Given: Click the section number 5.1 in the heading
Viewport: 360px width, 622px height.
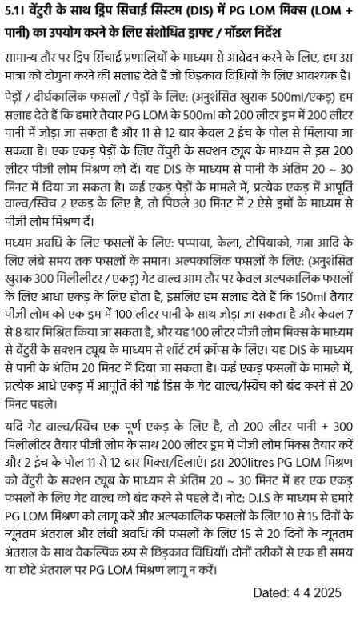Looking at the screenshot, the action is click(x=13, y=13).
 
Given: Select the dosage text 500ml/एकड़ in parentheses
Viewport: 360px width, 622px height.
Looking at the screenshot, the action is click(x=287, y=98).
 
